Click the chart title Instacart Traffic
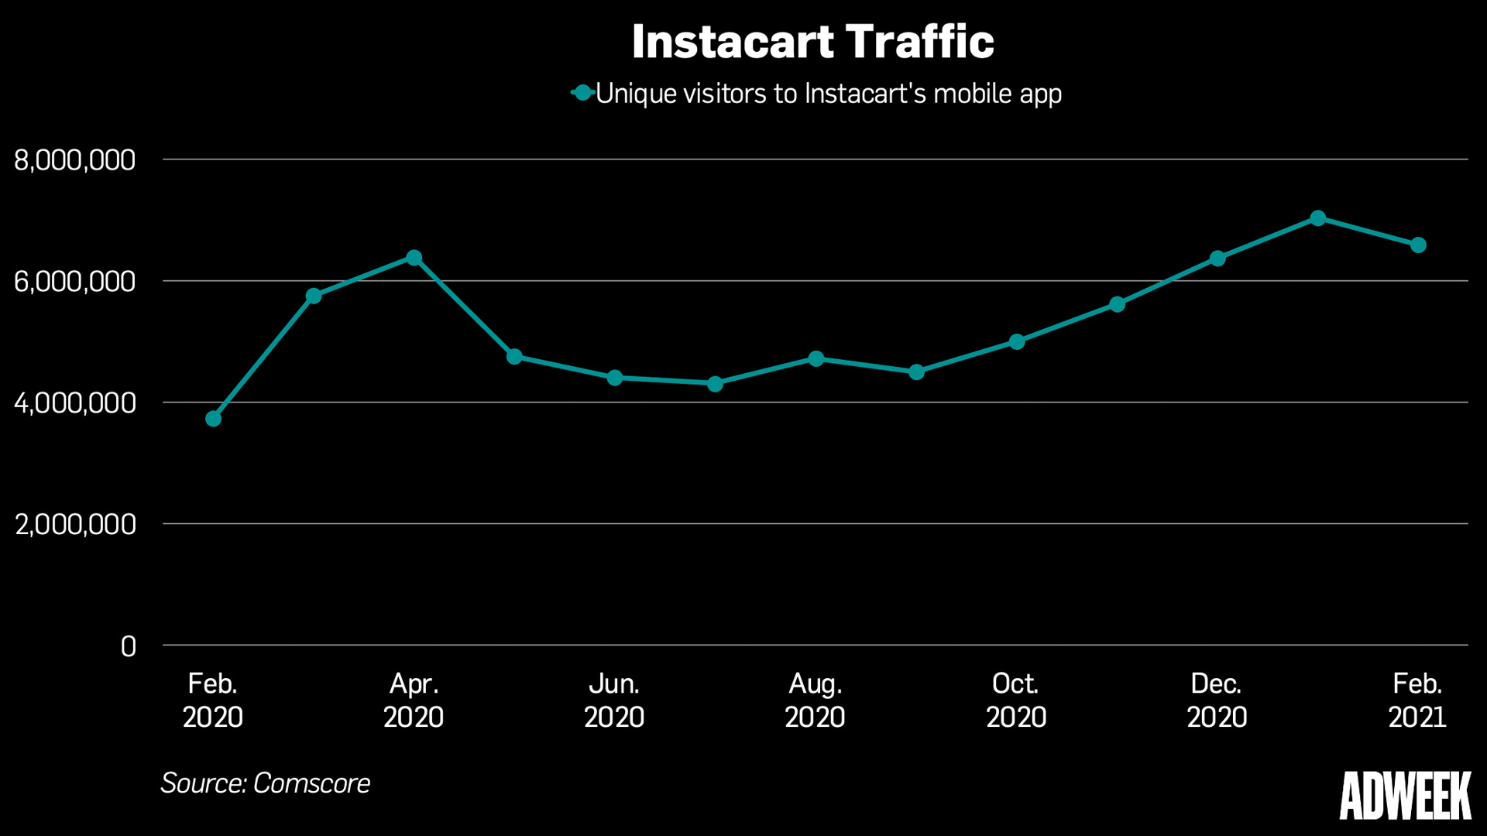[812, 42]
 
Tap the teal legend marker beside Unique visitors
[582, 94]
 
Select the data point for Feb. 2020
[213, 419]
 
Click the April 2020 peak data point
[414, 258]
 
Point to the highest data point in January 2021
[1317, 218]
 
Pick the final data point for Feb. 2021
[1418, 245]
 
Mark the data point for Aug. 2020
[816, 359]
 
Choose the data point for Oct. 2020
[1017, 341]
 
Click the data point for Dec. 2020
[1217, 259]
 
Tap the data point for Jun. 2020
[615, 378]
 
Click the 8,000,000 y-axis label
[74, 161]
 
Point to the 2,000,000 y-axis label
[75, 525]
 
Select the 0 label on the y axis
[128, 646]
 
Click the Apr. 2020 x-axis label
[414, 701]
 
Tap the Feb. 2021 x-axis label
[1417, 701]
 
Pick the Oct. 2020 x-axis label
[1015, 701]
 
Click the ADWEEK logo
[1405, 796]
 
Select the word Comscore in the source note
[311, 783]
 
